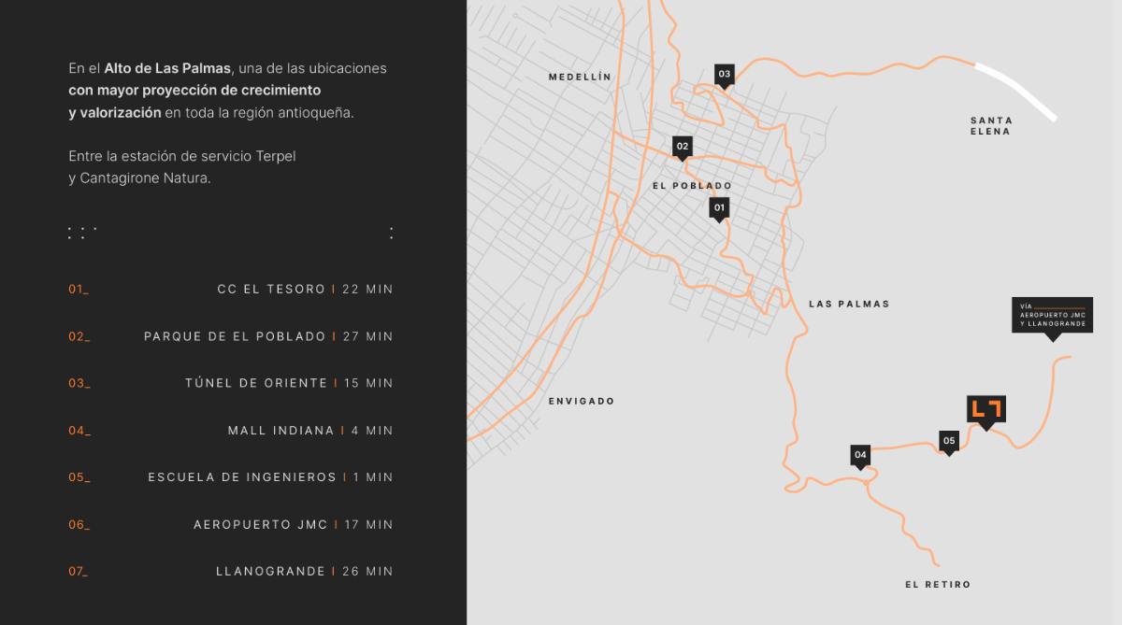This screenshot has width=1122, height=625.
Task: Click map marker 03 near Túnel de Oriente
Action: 724,74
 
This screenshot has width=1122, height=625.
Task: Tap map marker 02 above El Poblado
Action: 683,146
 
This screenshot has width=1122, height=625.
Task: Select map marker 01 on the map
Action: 719,206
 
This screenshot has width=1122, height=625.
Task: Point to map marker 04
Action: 860,455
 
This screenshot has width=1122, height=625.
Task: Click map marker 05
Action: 949,440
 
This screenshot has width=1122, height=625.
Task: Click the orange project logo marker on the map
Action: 985,409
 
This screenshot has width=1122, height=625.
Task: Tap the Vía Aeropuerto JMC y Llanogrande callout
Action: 1052,315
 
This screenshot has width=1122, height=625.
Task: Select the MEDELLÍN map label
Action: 580,78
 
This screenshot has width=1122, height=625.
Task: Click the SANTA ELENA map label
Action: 991,126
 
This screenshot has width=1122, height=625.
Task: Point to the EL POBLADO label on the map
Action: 692,186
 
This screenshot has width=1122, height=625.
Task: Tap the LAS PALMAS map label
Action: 849,304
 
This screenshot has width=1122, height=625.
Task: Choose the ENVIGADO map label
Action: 582,401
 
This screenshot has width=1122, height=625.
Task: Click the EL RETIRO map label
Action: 938,585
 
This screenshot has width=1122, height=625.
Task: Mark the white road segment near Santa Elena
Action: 1016,92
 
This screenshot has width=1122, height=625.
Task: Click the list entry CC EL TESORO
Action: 271,290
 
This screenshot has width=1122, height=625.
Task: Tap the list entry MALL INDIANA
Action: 280,431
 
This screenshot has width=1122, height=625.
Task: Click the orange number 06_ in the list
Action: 79,525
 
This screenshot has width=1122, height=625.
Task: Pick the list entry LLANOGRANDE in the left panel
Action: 270,572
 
